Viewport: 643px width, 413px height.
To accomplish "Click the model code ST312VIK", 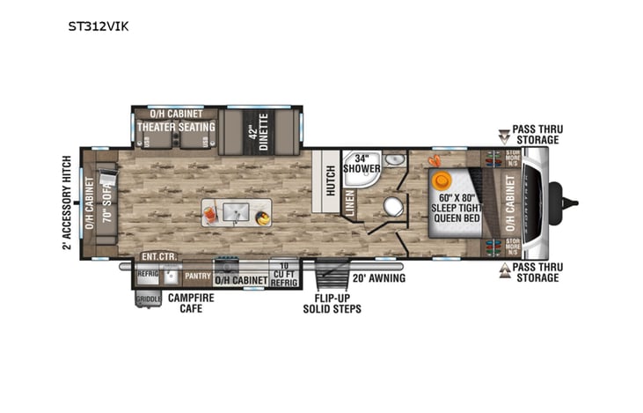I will [99, 26].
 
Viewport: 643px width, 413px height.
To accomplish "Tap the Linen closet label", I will [349, 202].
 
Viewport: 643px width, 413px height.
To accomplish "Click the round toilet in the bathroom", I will [393, 206].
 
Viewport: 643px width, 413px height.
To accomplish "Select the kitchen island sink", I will [236, 211].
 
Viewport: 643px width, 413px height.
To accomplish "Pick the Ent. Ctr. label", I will [158, 257].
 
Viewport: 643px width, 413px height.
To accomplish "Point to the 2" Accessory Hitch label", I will [66, 203].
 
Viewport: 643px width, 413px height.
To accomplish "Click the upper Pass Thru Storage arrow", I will [503, 136].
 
